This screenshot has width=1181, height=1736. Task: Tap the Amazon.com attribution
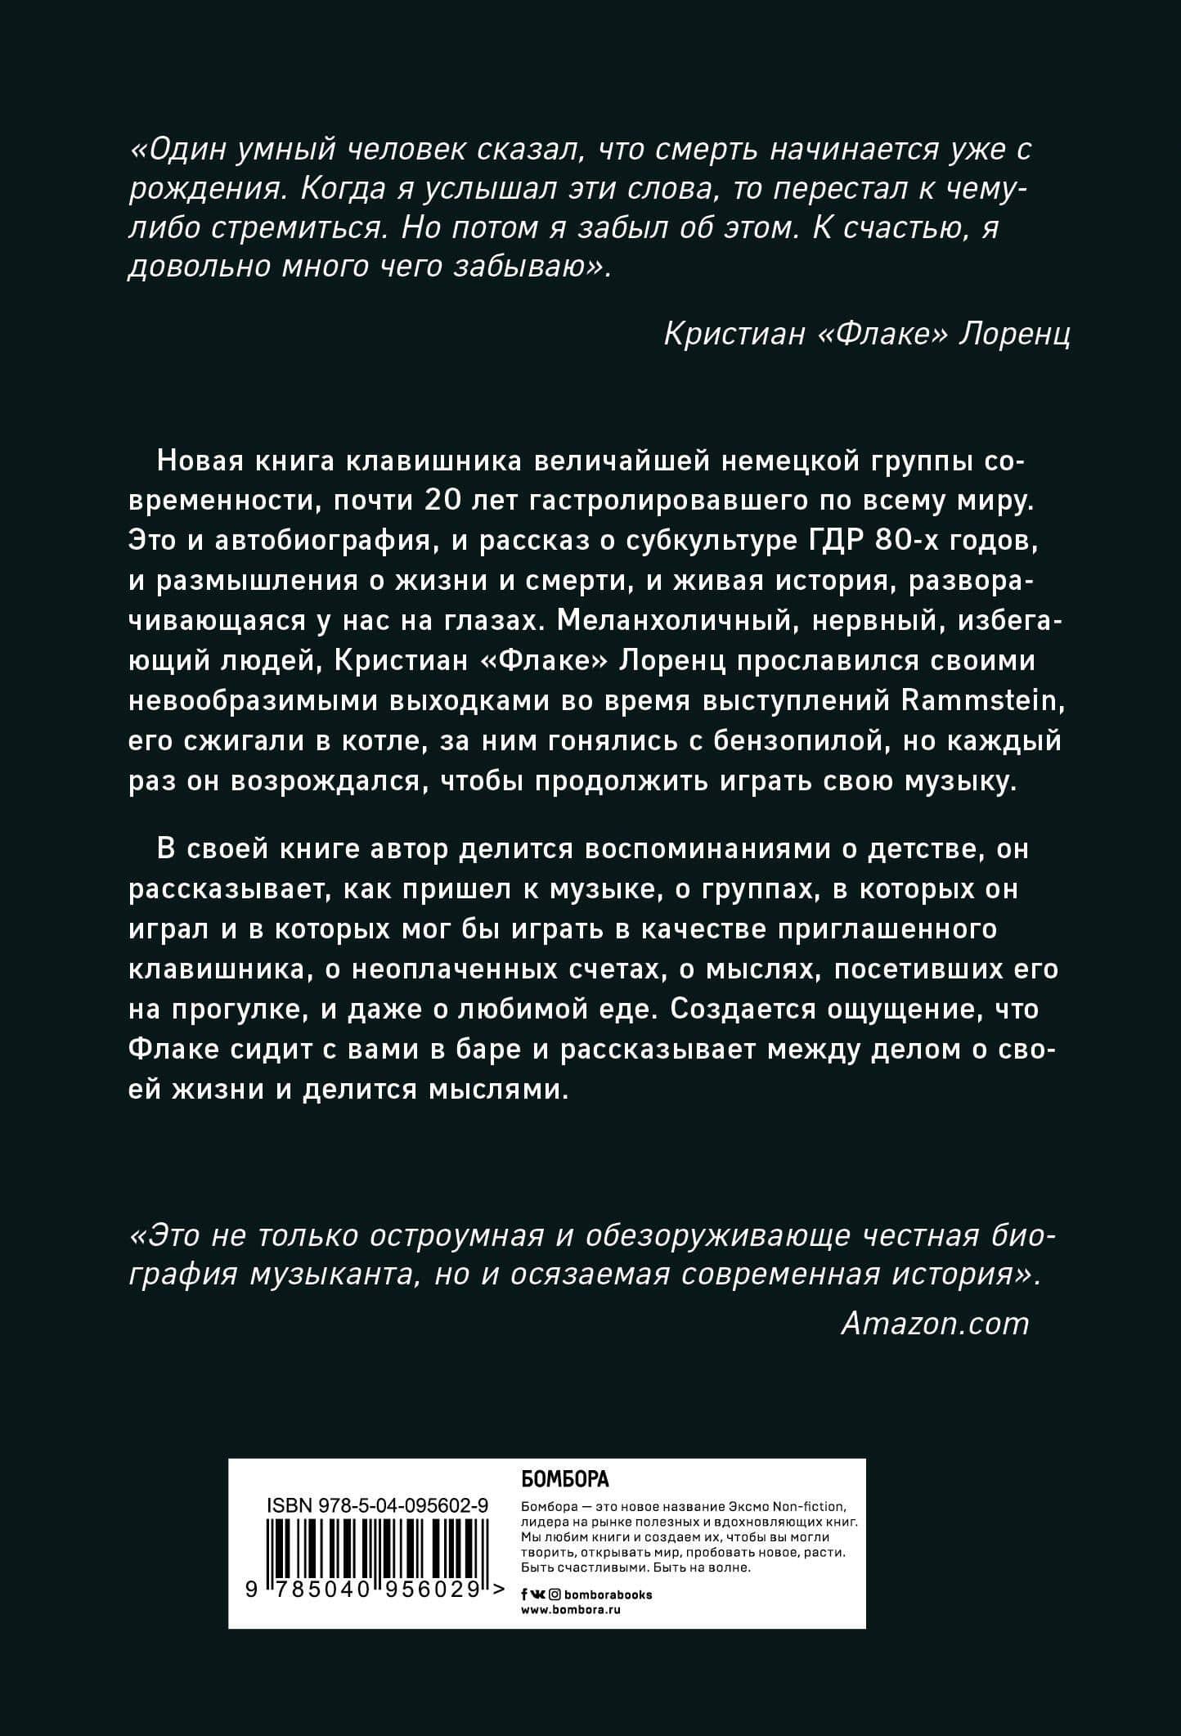point(934,1323)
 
